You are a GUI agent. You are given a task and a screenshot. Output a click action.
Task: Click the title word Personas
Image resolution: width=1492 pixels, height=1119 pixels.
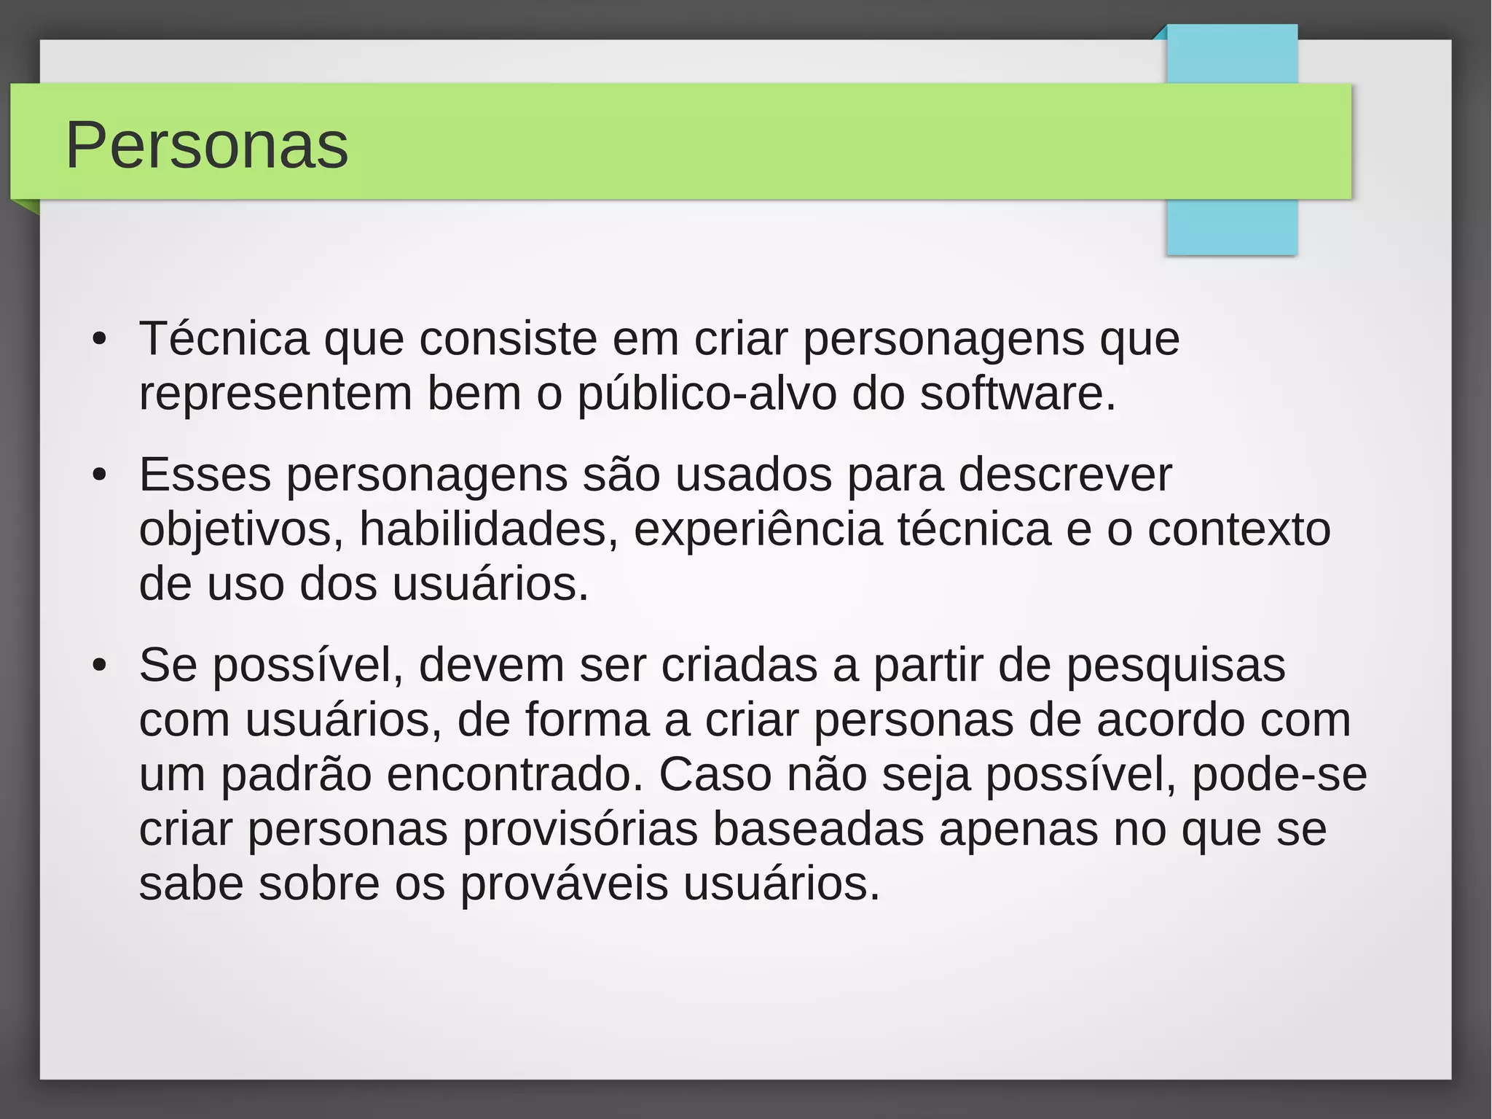click(x=207, y=145)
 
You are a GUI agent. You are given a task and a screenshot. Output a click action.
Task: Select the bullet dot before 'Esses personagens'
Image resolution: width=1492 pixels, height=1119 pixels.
click(x=100, y=475)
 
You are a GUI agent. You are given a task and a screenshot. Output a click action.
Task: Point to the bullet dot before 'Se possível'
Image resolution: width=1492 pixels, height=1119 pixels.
click(x=100, y=666)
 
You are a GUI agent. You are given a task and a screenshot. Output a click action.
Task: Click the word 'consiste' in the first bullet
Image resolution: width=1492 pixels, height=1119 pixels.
click(x=508, y=339)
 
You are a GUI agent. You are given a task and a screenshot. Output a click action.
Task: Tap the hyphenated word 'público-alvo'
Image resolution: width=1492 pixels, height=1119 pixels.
click(x=707, y=394)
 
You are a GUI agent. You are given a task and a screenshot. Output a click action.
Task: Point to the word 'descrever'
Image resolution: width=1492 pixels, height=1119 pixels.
click(x=1064, y=475)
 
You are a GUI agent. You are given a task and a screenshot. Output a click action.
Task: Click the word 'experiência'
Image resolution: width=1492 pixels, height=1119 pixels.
click(x=758, y=530)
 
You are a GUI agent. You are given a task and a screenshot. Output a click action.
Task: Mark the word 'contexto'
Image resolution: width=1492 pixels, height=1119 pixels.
click(x=1238, y=530)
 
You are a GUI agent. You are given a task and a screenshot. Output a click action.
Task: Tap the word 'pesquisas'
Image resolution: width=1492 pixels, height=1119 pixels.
click(x=1176, y=666)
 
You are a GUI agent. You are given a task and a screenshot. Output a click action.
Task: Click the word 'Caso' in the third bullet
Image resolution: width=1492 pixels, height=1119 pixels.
click(x=715, y=775)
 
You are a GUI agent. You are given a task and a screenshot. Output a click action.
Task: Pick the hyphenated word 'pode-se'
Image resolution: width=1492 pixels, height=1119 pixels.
click(x=1279, y=775)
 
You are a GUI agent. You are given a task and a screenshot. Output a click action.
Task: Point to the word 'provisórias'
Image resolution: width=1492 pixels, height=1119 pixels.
click(x=581, y=830)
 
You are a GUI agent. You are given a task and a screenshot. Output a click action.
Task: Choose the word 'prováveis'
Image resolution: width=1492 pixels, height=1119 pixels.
click(x=564, y=884)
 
